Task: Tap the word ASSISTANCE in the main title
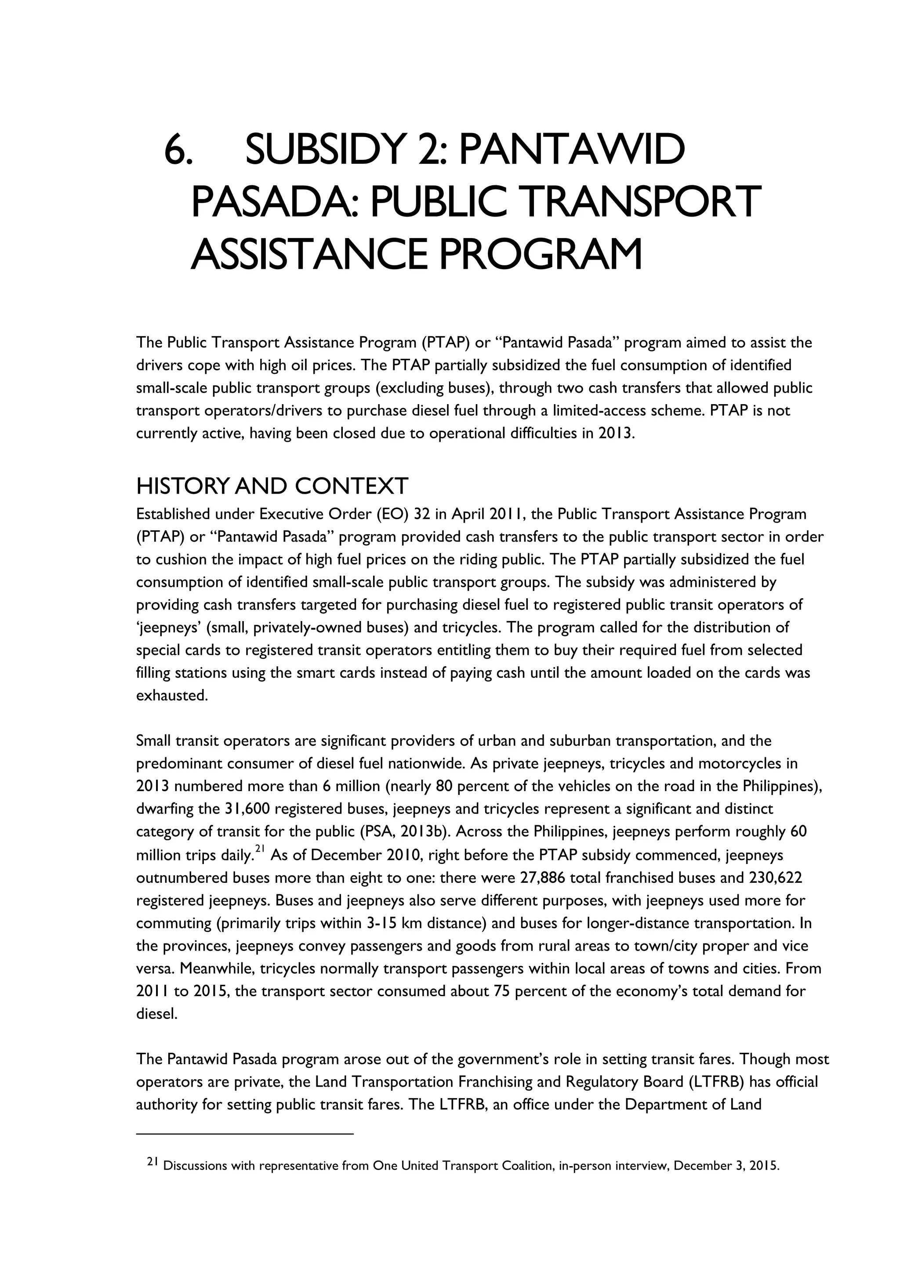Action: click(x=308, y=254)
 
